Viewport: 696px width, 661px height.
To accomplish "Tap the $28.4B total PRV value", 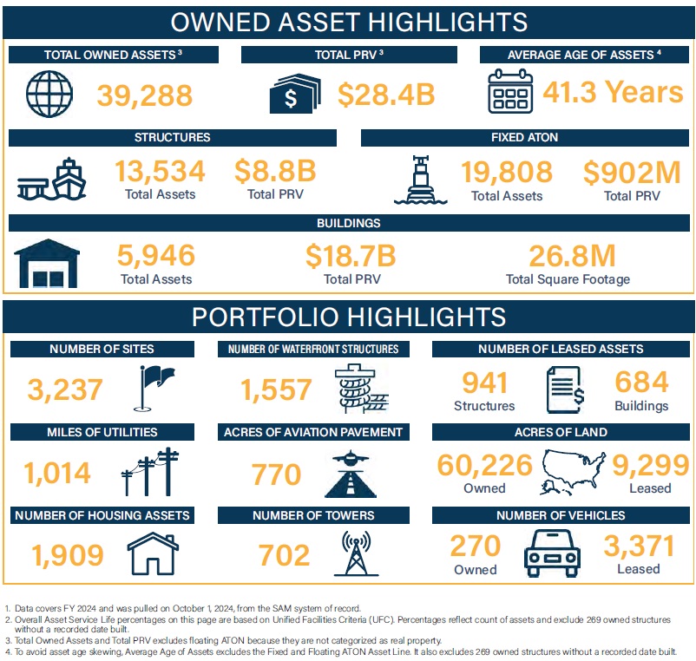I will coord(385,95).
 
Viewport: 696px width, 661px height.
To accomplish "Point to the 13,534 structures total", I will coord(160,171).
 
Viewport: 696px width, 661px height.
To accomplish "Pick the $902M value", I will coord(631,172).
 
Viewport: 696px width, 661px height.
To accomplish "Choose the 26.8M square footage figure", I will coord(568,256).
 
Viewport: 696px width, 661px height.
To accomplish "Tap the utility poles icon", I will coord(151,472).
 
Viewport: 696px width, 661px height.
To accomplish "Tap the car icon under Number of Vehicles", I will coord(556,553).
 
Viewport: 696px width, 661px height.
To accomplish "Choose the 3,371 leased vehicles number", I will coord(638,546).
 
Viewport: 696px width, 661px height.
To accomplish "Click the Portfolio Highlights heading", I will coord(348,317).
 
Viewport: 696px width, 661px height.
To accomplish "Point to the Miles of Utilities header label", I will coord(103,432).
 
